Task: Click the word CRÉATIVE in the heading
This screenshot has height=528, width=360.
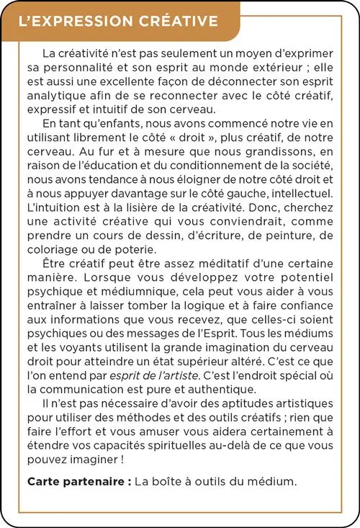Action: point(176,21)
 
